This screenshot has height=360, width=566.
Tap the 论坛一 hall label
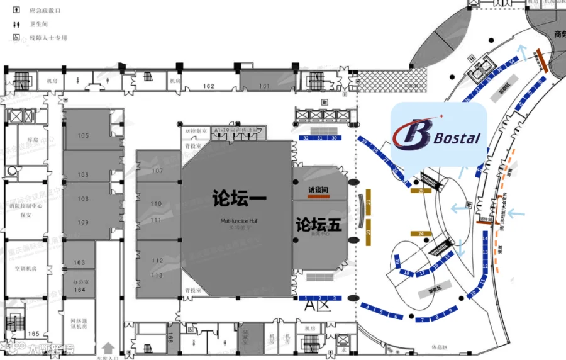(x=240, y=199)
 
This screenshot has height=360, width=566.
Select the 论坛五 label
(x=319, y=224)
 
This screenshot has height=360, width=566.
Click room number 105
(x=83, y=135)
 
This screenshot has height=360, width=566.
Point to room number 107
(x=157, y=171)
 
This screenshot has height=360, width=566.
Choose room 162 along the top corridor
(x=209, y=86)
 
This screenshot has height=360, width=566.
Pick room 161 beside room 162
(x=264, y=86)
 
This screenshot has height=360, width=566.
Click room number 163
(x=79, y=262)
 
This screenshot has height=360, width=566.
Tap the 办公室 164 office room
(x=79, y=286)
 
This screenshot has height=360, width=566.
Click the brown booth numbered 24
(x=421, y=233)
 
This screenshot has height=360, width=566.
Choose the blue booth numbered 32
(x=306, y=137)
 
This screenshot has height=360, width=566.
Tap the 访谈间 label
(x=319, y=189)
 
